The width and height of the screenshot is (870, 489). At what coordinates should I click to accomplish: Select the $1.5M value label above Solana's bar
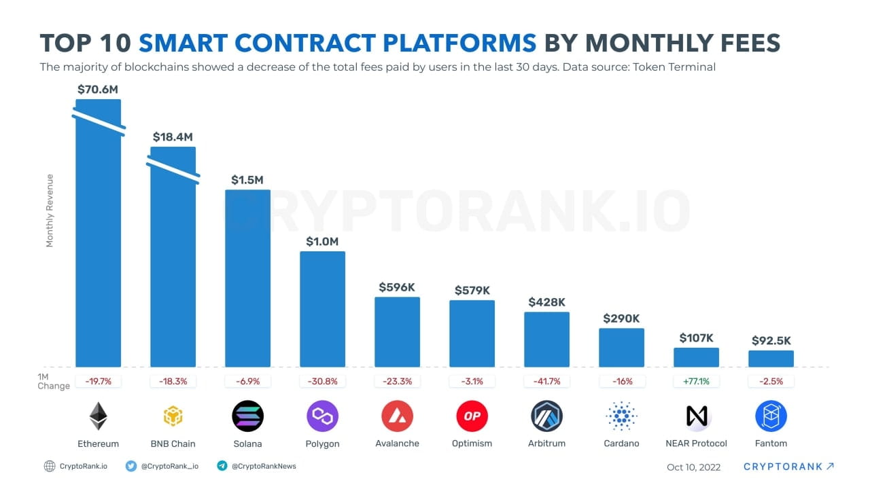[247, 180]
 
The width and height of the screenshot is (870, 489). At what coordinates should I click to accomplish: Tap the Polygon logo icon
[322, 416]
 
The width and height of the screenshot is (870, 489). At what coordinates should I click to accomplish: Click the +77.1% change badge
[696, 382]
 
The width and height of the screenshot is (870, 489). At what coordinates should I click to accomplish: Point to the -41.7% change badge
[546, 382]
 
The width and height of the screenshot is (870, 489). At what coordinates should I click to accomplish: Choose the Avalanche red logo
[397, 416]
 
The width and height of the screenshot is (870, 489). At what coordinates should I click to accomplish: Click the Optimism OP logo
[472, 416]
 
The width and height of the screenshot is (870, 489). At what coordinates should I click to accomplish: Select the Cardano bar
[621, 348]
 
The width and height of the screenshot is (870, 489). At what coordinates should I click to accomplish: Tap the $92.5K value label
[771, 341]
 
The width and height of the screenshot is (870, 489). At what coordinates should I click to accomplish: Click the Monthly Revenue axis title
[50, 211]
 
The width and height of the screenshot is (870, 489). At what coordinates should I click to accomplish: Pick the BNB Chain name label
[173, 443]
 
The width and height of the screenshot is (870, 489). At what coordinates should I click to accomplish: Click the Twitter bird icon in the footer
[131, 466]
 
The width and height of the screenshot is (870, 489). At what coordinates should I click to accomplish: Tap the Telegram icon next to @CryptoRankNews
[222, 466]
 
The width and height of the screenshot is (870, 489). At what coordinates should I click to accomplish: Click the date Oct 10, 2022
[693, 467]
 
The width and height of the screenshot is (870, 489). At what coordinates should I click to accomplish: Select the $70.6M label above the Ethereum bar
[98, 88]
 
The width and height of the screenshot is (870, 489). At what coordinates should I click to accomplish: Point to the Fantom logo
[771, 416]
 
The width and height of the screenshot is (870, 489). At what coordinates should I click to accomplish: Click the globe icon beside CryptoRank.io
[49, 466]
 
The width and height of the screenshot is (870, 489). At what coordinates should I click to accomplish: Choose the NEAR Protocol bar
[696, 357]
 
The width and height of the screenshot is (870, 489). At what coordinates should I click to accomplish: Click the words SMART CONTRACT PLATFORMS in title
[337, 43]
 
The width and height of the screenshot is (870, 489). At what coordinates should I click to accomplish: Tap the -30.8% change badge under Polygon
[322, 382]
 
